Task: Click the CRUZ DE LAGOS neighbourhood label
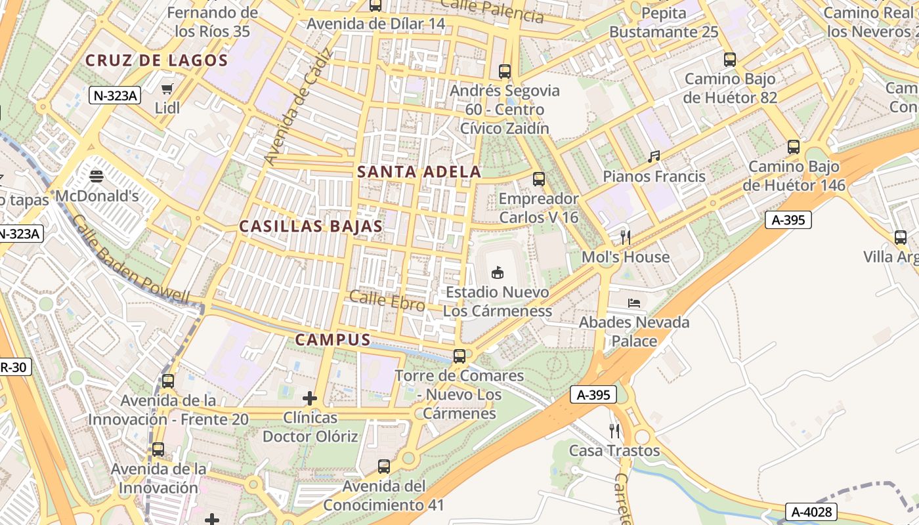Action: coord(156,60)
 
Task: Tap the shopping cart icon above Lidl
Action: coord(167,88)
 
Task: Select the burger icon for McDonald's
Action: coord(96,176)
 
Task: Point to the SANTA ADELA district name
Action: coord(419,172)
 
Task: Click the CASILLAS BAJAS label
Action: coord(310,226)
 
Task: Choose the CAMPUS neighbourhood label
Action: coord(333,339)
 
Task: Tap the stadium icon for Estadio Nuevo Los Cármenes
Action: coord(498,272)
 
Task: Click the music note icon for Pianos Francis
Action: coord(654,157)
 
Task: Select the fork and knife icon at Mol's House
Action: coord(626,237)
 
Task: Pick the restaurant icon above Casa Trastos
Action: coord(614,431)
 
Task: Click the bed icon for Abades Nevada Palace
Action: coord(634,303)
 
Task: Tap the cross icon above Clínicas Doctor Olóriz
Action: coord(310,398)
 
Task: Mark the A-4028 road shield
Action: coord(811,511)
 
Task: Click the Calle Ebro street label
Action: coord(387,301)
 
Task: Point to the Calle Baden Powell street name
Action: coord(131,260)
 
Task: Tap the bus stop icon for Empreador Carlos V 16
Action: coord(539,178)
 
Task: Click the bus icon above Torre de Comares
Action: coord(460,356)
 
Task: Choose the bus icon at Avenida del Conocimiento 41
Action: coord(384,467)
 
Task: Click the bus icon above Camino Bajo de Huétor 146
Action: coord(794,147)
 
